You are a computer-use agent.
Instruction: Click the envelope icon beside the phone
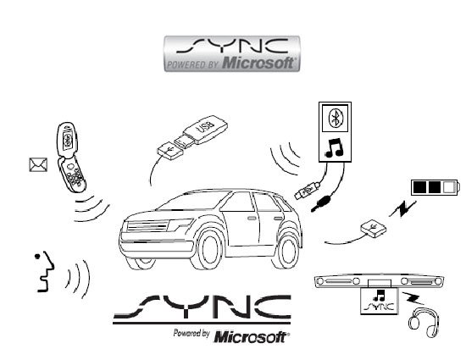click(38, 164)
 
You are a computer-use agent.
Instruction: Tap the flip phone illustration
click(70, 157)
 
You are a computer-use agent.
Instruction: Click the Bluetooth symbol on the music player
click(336, 118)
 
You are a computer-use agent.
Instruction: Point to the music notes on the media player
click(335, 147)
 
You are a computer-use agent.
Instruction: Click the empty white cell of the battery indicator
click(448, 187)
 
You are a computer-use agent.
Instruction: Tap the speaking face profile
click(45, 272)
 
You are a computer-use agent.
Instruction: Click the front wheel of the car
click(208, 249)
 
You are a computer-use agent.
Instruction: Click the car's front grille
click(147, 227)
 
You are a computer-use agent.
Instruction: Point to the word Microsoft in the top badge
click(258, 63)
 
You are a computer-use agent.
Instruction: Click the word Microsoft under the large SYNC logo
click(250, 337)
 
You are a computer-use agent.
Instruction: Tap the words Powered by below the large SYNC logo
click(191, 333)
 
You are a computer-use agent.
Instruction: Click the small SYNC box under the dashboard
click(380, 301)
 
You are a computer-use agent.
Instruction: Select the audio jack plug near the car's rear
click(321, 203)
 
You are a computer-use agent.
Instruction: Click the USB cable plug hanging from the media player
click(307, 191)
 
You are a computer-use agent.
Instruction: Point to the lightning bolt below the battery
click(402, 209)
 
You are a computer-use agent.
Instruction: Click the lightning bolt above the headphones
click(413, 298)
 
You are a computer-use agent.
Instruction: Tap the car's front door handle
click(252, 219)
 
